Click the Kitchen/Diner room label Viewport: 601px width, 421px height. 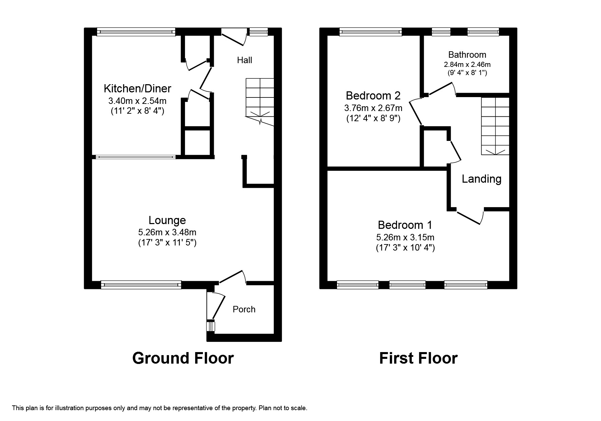(x=137, y=89)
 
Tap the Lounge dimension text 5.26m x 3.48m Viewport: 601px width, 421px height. (x=167, y=233)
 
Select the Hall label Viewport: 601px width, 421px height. (x=244, y=60)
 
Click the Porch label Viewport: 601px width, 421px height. (x=244, y=309)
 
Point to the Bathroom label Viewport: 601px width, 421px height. (x=467, y=55)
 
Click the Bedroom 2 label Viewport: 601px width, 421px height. (x=373, y=95)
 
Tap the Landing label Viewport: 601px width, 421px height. (x=481, y=179)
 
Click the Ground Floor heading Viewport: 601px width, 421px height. (x=183, y=358)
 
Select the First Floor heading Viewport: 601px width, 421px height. (x=418, y=358)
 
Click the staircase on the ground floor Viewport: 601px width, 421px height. (x=260, y=100)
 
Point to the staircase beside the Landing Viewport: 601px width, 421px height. (x=495, y=126)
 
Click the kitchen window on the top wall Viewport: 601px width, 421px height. (x=136, y=32)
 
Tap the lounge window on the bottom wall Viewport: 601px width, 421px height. (x=141, y=285)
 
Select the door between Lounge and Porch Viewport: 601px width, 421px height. (x=232, y=277)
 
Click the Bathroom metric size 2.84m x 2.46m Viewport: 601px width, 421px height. (x=467, y=65)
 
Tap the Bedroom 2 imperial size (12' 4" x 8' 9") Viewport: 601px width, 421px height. (x=373, y=118)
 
